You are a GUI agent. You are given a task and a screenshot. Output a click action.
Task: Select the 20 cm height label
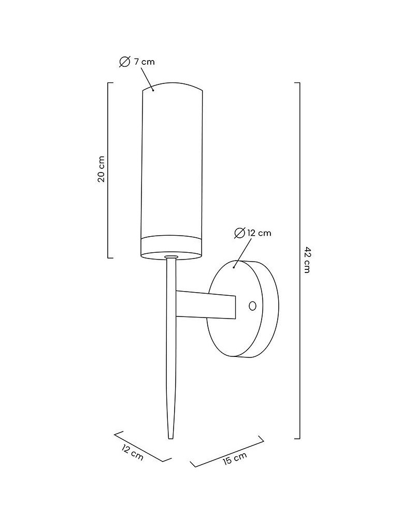pyautogui.click(x=102, y=169)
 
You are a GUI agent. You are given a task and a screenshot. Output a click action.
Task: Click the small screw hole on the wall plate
pyautogui.click(x=252, y=306)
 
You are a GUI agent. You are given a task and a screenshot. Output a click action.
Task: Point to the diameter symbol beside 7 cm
pyautogui.click(x=124, y=62)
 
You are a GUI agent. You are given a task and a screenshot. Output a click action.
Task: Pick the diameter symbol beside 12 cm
pyautogui.click(x=239, y=233)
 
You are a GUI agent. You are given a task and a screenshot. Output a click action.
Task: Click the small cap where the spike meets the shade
pyautogui.click(x=170, y=256)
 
